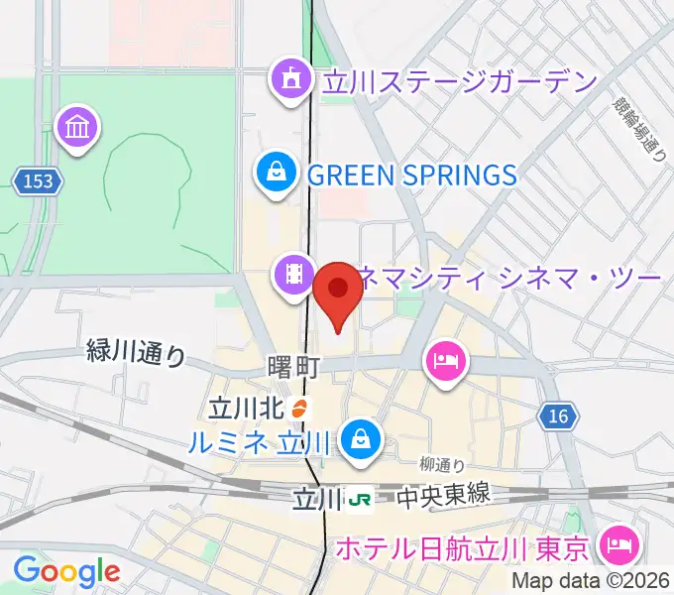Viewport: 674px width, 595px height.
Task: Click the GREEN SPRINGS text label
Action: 412,176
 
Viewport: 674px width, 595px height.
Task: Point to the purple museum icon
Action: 77,129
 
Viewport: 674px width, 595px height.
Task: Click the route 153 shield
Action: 38,181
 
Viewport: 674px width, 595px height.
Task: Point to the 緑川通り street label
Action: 136,352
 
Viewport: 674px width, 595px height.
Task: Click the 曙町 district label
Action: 293,367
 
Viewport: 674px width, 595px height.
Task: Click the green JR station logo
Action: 359,498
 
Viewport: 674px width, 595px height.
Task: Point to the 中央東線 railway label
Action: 432,497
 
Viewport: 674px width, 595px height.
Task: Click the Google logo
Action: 66,571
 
